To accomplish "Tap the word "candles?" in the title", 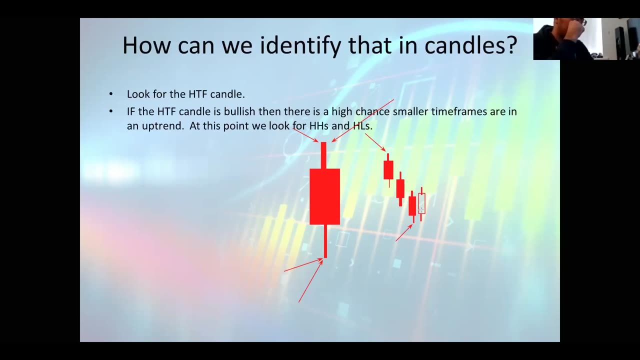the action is [x=470, y=45].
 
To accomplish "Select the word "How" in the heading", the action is [x=146, y=45].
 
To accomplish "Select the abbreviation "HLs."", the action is [x=363, y=125].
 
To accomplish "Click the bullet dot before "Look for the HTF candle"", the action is [x=111, y=94].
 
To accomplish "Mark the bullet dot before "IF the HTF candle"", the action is [x=111, y=111].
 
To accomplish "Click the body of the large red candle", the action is [x=324, y=196].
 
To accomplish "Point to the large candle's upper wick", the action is [x=323, y=155].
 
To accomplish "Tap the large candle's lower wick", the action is [x=325, y=241].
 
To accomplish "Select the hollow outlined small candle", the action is [x=421, y=203].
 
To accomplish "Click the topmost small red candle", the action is [x=388, y=170].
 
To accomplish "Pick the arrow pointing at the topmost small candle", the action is [x=375, y=142].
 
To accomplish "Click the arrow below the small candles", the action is [x=404, y=232].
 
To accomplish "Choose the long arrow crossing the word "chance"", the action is [x=362, y=121].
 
